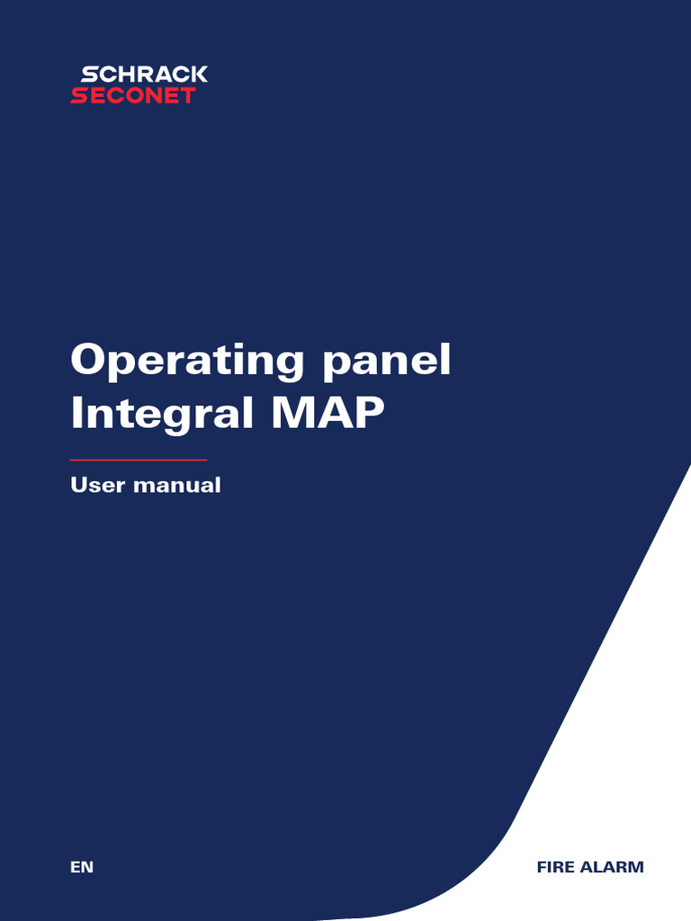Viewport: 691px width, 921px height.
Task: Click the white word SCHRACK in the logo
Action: (x=144, y=75)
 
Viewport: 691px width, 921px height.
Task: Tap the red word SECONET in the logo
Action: (x=133, y=95)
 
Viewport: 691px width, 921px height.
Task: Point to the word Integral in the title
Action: (x=153, y=415)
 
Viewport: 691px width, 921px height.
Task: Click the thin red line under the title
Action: (x=139, y=460)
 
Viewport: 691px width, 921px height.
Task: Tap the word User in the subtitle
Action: (x=98, y=486)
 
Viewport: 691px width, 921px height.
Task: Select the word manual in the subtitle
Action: (x=176, y=486)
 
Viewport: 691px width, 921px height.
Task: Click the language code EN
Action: (x=82, y=867)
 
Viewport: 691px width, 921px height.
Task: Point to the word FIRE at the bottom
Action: (x=555, y=867)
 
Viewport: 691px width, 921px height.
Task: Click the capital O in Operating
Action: (x=90, y=360)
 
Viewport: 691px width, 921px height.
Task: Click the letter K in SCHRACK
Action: (x=199, y=75)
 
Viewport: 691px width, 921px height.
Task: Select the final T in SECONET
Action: (x=187, y=95)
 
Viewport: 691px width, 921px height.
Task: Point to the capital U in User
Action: (x=80, y=486)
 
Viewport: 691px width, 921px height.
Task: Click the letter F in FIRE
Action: (x=542, y=867)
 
